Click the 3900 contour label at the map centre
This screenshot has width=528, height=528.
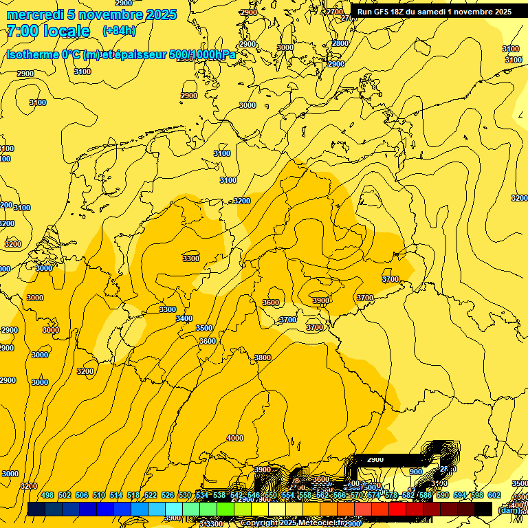[x=321, y=300]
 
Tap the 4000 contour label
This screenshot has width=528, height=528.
[x=235, y=438]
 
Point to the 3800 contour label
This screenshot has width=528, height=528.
[x=263, y=357]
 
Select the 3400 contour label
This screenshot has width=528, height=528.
[x=184, y=318]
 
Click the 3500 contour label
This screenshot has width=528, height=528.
[x=204, y=328]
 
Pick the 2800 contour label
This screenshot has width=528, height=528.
[x=340, y=43]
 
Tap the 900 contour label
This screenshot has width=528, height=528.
[x=416, y=472]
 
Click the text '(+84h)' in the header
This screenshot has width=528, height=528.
[x=118, y=31]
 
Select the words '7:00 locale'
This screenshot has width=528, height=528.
[x=48, y=31]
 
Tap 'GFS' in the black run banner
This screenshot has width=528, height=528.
[x=384, y=12]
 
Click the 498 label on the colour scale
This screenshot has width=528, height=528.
[x=47, y=496]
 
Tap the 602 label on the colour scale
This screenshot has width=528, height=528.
[x=494, y=496]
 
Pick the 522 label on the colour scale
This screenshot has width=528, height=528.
[x=151, y=496]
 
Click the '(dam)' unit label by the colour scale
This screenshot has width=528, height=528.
[x=509, y=509]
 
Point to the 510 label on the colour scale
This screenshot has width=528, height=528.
[x=99, y=496]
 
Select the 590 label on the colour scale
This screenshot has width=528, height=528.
[x=443, y=496]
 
